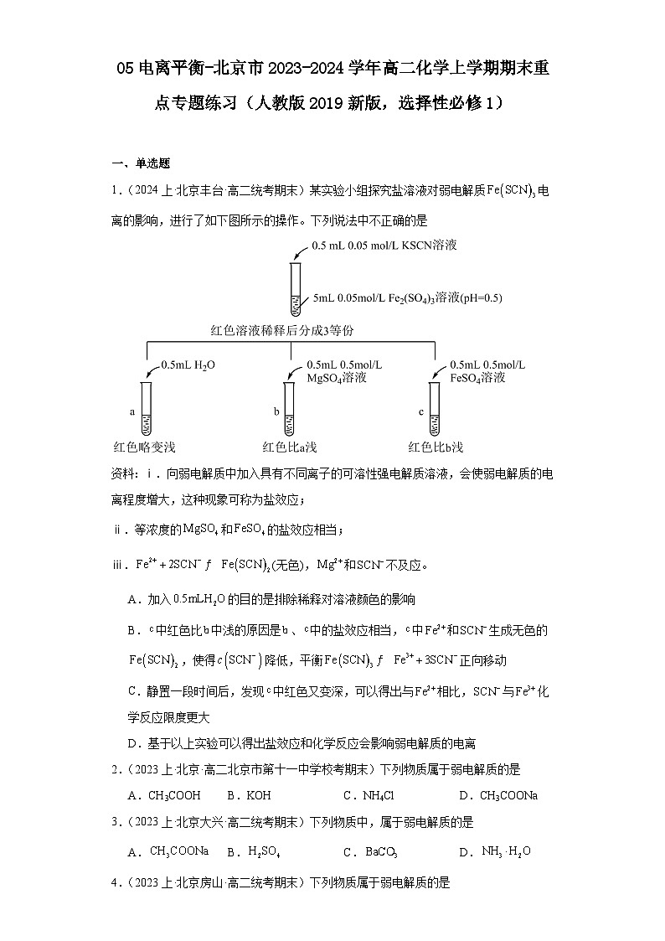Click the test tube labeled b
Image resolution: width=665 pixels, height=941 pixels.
290,408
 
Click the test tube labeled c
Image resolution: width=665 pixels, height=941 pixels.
435,408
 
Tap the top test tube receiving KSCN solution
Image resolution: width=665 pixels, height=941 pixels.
295,289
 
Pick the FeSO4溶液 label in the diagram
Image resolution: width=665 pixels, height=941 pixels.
477,378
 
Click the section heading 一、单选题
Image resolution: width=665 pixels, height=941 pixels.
142,163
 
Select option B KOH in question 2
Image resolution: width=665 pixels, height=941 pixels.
250,795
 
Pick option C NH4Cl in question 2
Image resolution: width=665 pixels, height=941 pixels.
369,795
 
